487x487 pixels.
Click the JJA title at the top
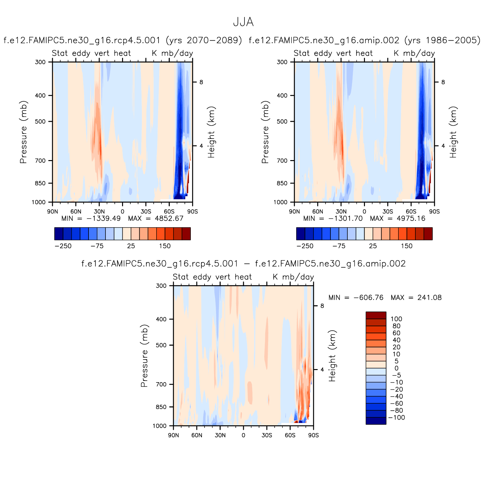click(243, 22)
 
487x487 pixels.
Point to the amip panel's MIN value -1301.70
click(347, 218)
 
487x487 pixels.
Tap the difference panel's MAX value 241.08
click(429, 298)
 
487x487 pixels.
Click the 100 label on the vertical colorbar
click(396, 319)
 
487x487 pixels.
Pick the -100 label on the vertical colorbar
click(396, 417)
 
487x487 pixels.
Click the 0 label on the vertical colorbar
click(396, 368)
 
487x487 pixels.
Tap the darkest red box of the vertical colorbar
click(376, 315)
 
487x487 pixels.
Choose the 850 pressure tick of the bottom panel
click(161, 407)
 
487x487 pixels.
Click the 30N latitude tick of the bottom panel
click(220, 435)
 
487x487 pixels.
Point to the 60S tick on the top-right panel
click(411, 212)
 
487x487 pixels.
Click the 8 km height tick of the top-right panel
click(443, 82)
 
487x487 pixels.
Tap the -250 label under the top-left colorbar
click(63, 246)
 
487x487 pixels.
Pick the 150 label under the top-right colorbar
click(407, 246)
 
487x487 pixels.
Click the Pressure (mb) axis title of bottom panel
click(144, 356)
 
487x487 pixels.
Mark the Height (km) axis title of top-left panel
click(211, 132)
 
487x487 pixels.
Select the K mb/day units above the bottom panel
click(293, 277)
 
